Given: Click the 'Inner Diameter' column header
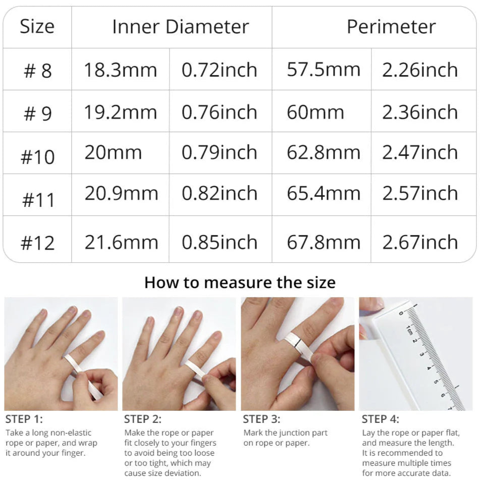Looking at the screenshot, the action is coord(181,27).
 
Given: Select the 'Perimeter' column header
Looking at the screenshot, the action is coord(391,27).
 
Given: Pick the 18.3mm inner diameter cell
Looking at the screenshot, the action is coord(120,70).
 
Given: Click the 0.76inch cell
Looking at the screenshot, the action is coord(219,112).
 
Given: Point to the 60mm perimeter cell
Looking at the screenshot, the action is coord(315,112).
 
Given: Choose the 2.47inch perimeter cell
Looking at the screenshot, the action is coord(420,152).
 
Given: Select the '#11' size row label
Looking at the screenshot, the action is coord(38,200).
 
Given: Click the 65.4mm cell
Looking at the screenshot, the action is coord(324,193).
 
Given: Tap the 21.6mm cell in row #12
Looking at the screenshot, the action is coord(121,242).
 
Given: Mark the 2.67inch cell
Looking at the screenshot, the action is coord(420,242).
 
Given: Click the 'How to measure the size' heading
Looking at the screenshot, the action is coord(240,282).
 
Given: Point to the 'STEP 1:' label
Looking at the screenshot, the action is coord(24,419).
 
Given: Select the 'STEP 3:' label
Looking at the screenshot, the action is coord(261,419).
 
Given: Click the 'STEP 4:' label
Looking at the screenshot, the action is coord(380,419).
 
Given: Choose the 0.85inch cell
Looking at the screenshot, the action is coord(219,242).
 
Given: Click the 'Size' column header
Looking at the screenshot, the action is coord(37,26).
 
